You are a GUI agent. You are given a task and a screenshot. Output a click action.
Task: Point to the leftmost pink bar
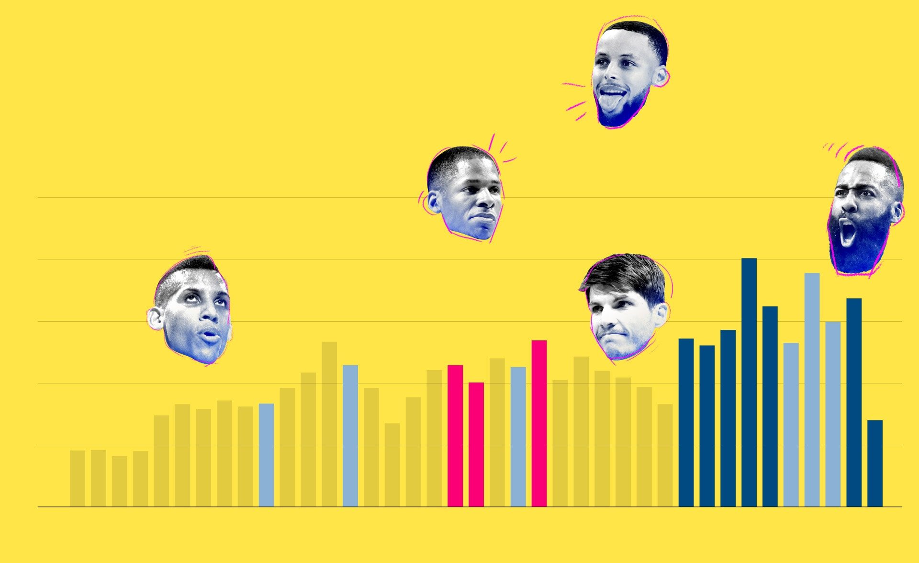click(x=455, y=436)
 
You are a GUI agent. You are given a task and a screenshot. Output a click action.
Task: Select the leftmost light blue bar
click(x=267, y=455)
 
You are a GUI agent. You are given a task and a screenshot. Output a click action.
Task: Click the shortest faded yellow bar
click(x=120, y=481)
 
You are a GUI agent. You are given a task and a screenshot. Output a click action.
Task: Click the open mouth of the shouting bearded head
click(x=848, y=233)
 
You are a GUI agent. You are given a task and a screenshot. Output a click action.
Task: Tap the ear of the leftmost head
click(x=155, y=318)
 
